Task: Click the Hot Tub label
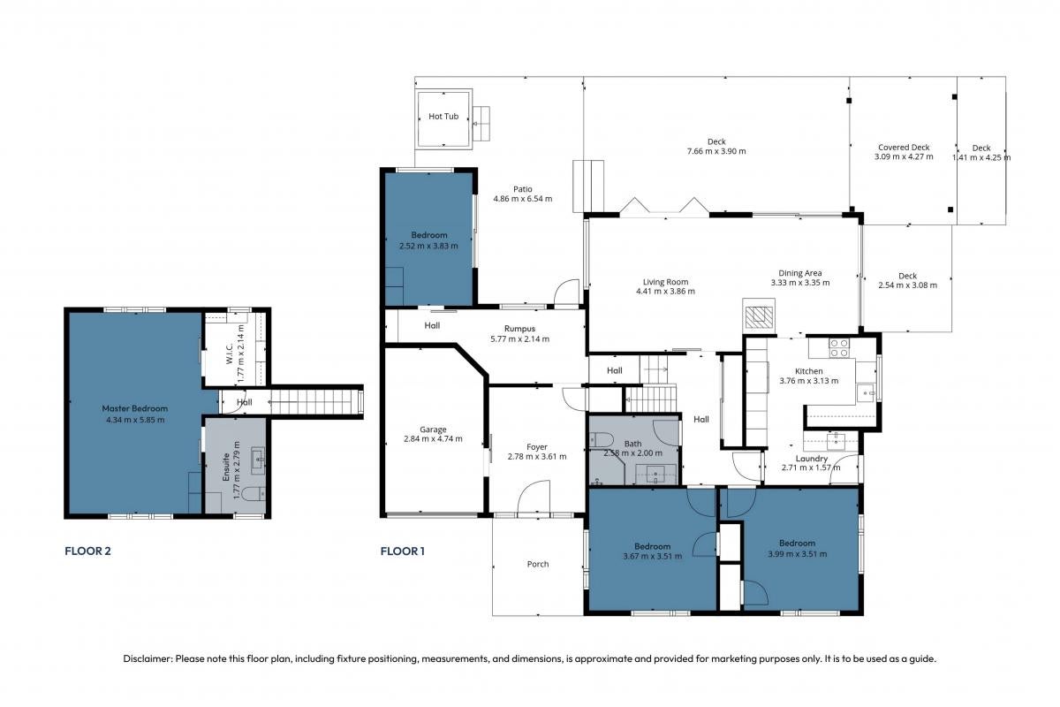(x=443, y=116)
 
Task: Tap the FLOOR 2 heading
(x=87, y=551)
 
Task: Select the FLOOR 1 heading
(x=402, y=551)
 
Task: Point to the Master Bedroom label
(x=135, y=408)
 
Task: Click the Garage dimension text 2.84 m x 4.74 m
(x=433, y=439)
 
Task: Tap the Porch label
(x=538, y=564)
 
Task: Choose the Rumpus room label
(x=519, y=329)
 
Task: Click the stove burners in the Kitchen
(x=839, y=348)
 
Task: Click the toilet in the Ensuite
(x=254, y=494)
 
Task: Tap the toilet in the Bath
(x=602, y=439)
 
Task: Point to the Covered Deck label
(x=904, y=148)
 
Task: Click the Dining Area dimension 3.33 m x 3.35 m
(x=799, y=283)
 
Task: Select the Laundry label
(x=811, y=459)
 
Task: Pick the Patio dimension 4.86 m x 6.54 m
(x=522, y=199)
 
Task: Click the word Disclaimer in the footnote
(x=148, y=658)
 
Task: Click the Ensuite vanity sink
(x=258, y=460)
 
